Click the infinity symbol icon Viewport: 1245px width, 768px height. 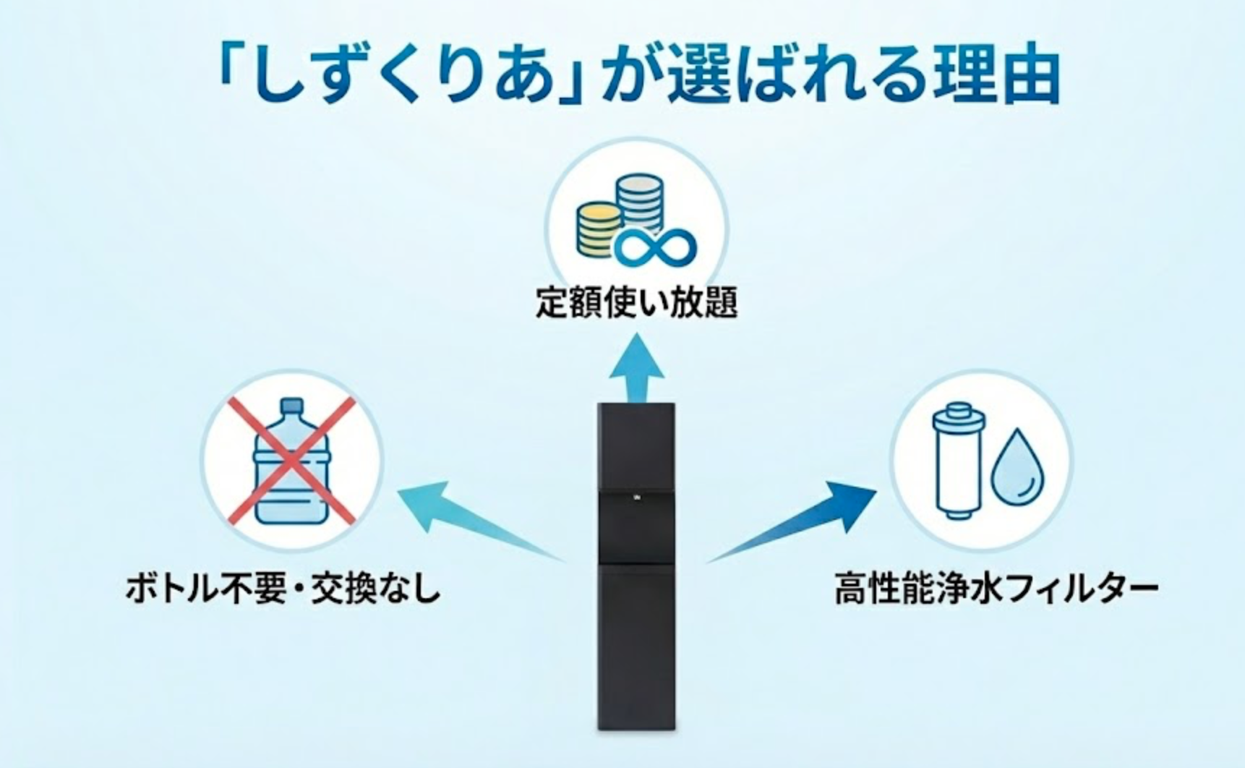point(655,247)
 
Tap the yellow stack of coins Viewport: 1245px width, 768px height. point(598,229)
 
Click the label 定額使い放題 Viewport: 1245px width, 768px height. point(636,302)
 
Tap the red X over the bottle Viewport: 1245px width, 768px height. point(291,460)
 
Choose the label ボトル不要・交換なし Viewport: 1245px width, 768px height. point(283,589)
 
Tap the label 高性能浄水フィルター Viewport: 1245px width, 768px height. point(995,589)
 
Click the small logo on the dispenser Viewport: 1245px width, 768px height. point(637,498)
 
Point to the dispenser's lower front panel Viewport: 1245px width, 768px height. point(636,644)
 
